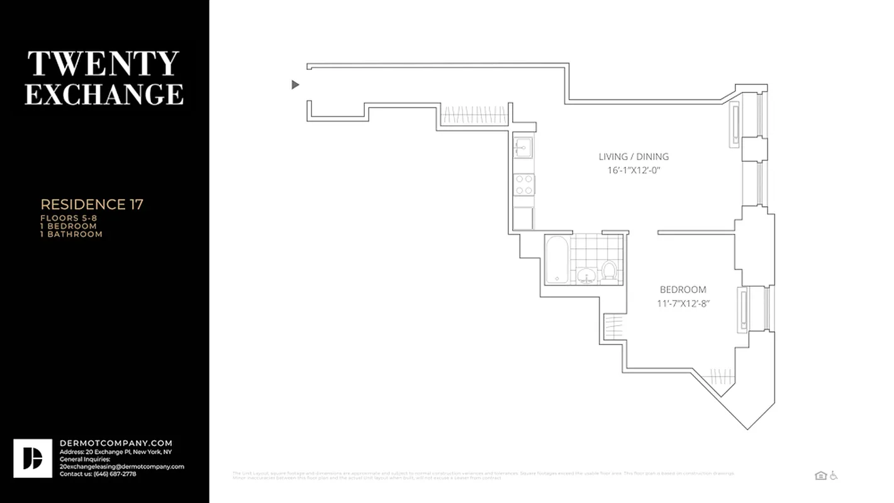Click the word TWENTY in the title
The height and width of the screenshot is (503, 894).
pos(103,64)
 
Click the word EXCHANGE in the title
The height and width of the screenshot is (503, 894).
pos(104,94)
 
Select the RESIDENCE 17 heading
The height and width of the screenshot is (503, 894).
pos(92,204)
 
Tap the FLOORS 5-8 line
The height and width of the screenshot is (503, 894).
pos(69,218)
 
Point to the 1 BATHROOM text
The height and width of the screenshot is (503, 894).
pos(71,234)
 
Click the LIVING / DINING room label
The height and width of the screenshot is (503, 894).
pos(634,157)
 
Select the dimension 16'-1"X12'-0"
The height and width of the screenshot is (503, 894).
pos(634,170)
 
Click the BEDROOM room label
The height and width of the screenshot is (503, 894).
pos(683,290)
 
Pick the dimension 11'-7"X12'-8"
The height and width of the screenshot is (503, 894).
pos(683,304)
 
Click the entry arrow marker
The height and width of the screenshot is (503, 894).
pos(295,85)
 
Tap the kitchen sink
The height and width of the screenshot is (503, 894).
pos(523,148)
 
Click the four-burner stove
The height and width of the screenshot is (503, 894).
pos(524,184)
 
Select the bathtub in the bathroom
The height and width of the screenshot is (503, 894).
pos(557,259)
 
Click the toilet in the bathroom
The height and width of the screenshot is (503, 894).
pos(608,271)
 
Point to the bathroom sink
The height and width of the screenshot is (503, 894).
pos(586,275)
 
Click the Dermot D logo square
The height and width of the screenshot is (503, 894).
pos(33,458)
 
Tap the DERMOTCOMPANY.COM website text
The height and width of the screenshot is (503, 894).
pos(116,443)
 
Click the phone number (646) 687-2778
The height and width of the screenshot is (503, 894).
pos(112,473)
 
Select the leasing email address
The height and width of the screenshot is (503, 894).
pos(121,467)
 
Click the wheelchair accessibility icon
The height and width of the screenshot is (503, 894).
pos(834,476)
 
